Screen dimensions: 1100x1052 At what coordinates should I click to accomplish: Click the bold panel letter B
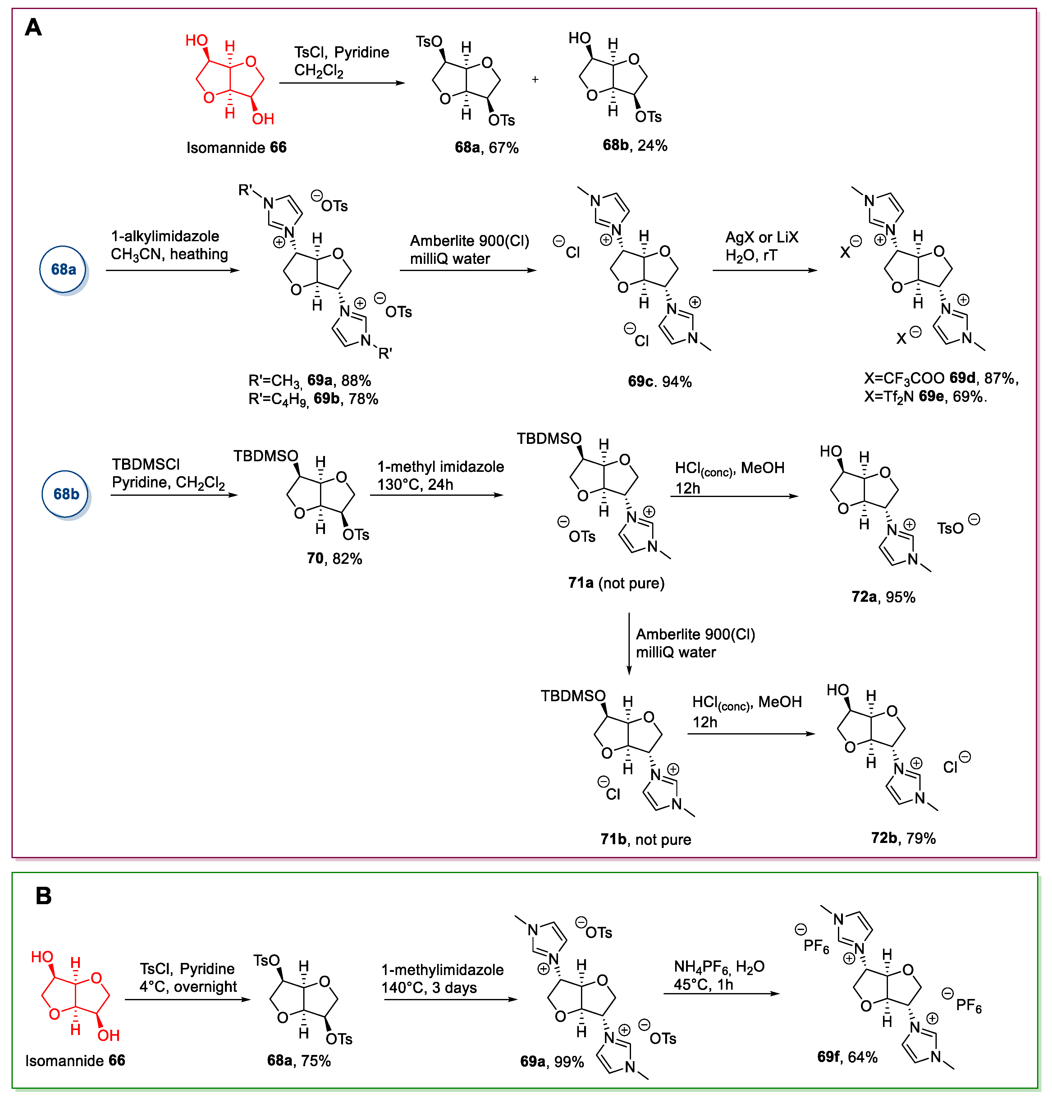44,896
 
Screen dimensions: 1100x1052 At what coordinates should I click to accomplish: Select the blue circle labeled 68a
63,269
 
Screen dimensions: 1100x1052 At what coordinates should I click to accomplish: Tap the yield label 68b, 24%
635,145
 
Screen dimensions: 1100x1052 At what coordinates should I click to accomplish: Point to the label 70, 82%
334,559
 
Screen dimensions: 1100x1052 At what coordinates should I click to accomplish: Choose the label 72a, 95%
883,597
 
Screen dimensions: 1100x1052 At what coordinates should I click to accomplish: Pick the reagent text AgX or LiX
762,237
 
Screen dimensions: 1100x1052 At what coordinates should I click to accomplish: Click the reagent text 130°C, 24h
415,485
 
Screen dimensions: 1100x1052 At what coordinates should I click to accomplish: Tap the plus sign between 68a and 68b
535,80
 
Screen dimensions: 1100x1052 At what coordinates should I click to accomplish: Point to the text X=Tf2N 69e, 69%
925,397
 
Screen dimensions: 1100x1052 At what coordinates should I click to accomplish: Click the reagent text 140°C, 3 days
429,988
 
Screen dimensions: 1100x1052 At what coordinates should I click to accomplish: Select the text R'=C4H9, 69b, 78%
313,399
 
